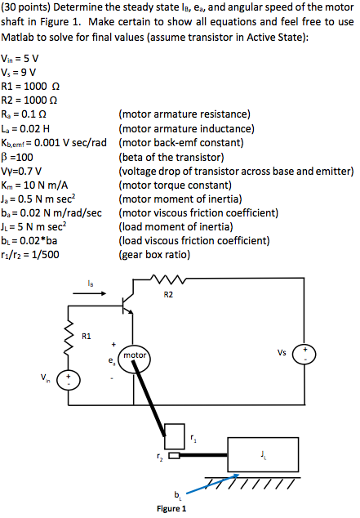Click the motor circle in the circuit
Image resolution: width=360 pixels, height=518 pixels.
[132, 356]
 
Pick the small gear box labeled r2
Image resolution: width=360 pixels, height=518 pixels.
[173, 457]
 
